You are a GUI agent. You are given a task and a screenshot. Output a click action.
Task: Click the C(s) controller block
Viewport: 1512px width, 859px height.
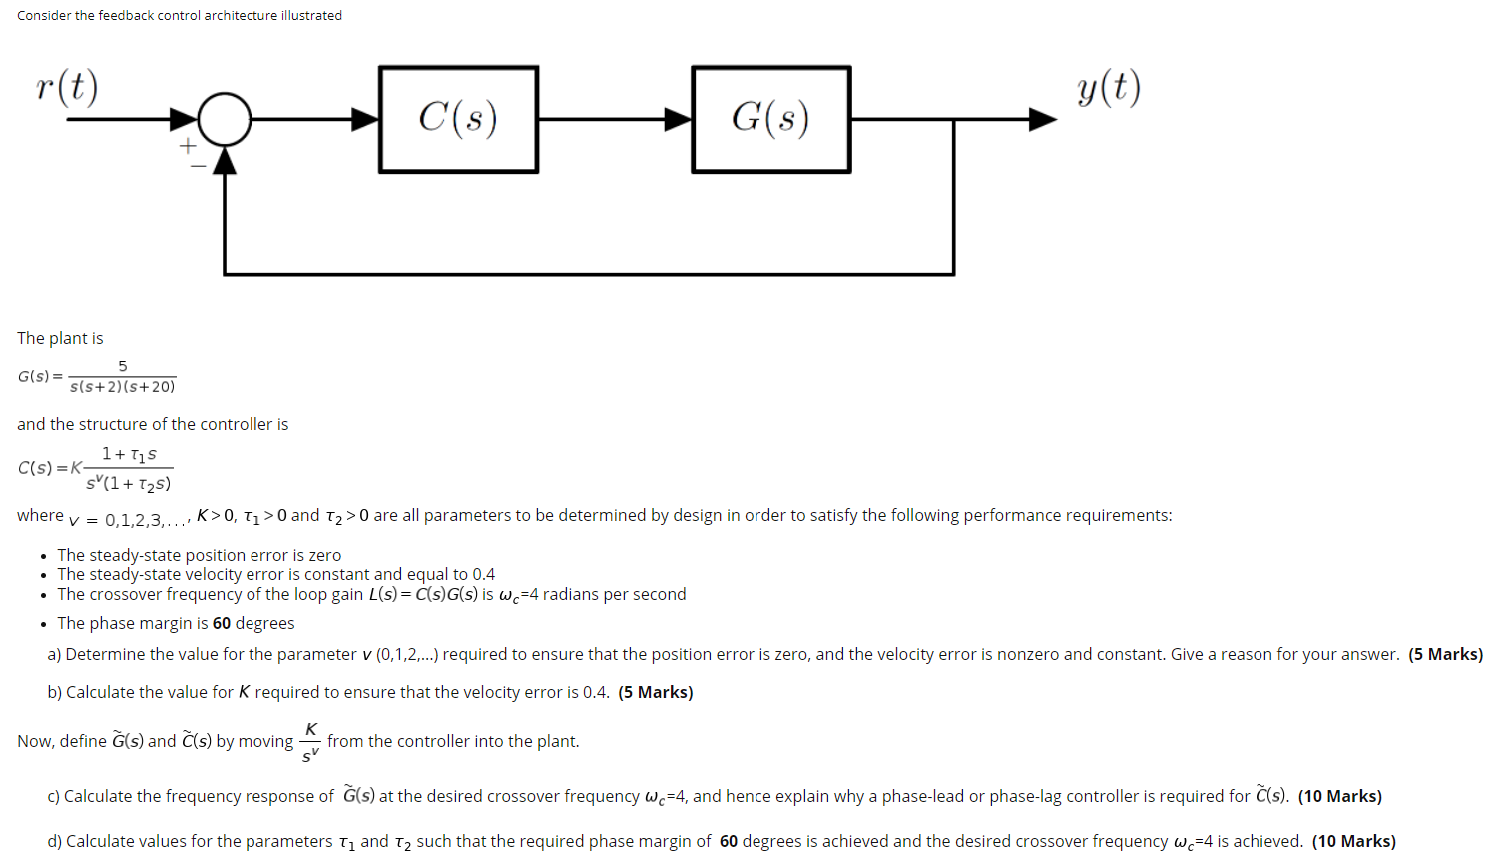(458, 119)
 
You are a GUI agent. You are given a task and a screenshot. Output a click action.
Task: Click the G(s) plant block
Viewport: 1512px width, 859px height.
(770, 119)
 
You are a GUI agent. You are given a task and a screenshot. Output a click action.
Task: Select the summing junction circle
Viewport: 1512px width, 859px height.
(225, 119)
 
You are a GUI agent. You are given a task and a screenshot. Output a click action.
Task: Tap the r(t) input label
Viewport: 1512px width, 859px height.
(67, 88)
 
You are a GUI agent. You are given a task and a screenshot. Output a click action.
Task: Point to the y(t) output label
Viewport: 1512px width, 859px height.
(1109, 88)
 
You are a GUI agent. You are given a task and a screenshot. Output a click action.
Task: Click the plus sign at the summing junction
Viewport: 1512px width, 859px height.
(187, 146)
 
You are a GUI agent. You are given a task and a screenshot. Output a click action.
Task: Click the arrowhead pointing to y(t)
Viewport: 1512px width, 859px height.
(1042, 119)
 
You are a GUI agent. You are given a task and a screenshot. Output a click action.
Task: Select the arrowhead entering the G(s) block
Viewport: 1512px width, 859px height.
(679, 119)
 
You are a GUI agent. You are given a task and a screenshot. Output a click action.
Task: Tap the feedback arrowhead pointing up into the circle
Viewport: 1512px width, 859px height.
(225, 160)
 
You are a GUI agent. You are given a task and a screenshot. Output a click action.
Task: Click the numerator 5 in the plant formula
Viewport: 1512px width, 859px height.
(123, 366)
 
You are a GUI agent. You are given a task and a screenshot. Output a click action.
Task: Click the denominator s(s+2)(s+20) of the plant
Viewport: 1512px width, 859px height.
(122, 387)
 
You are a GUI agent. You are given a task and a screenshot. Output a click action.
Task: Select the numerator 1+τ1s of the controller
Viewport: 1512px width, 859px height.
(129, 454)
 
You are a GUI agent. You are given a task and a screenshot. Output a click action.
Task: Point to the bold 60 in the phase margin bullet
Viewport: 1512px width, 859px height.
(222, 623)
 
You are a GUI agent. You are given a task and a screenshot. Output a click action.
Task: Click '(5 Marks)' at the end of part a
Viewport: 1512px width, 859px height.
(1445, 654)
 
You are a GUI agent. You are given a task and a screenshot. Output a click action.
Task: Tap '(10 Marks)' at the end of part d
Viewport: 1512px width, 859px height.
(1353, 841)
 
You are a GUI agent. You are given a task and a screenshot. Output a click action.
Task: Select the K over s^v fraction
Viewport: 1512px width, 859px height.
(310, 742)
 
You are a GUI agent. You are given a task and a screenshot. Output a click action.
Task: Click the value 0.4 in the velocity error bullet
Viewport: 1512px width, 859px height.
(483, 574)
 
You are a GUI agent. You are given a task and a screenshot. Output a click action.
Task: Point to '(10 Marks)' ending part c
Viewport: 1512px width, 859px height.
(1339, 796)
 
